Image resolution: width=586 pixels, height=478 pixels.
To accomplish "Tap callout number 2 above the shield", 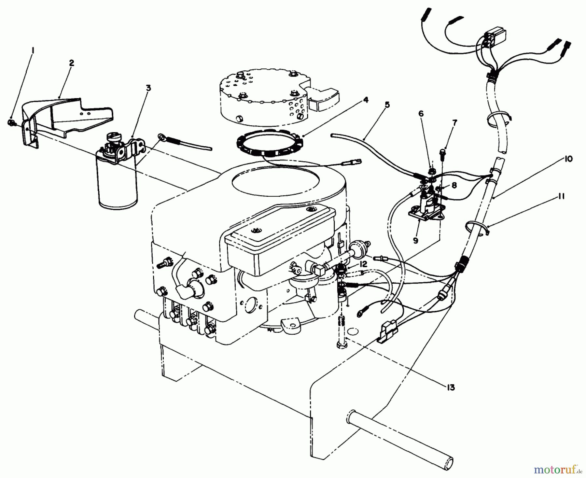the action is pos(71,63).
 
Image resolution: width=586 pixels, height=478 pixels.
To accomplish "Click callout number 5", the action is pos(387,105).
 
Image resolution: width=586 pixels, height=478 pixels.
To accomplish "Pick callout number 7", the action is pos(454,123).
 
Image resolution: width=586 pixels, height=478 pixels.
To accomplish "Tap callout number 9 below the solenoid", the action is pos(415,241).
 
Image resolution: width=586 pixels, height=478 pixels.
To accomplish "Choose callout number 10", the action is pos(569,159).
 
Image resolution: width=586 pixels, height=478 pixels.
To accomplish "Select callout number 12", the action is pos(363,264).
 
